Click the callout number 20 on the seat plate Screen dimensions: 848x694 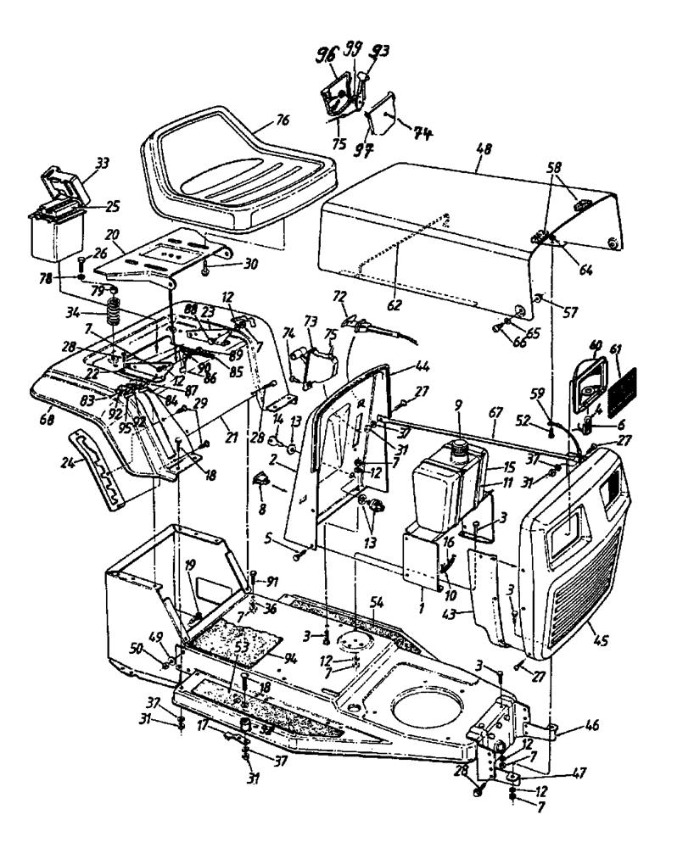coord(111,235)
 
